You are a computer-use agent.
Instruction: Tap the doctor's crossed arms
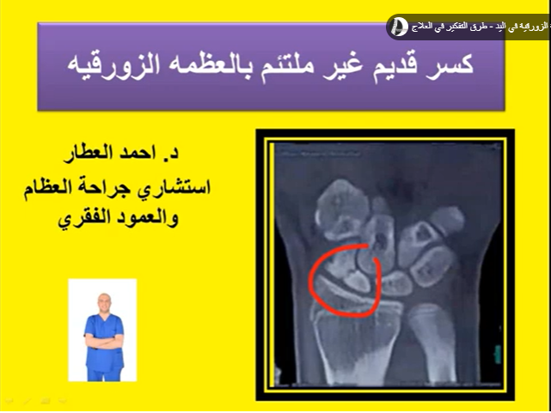(102, 334)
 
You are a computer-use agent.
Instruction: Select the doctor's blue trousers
(102, 367)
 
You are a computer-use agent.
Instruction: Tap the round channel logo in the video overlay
(398, 27)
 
